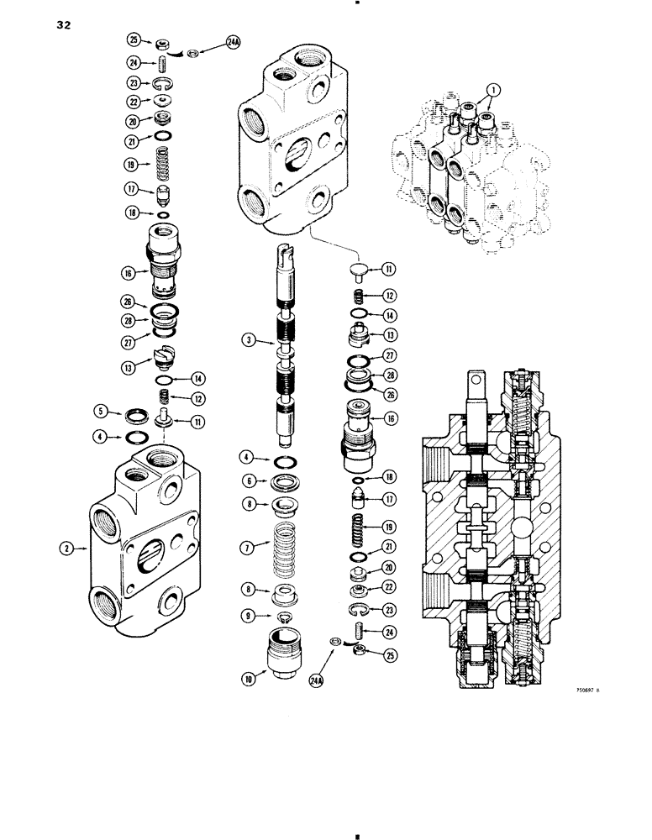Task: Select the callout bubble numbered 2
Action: point(65,550)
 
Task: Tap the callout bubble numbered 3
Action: point(248,340)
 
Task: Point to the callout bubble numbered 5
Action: point(100,412)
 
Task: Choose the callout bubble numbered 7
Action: point(247,548)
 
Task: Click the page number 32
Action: point(64,25)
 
